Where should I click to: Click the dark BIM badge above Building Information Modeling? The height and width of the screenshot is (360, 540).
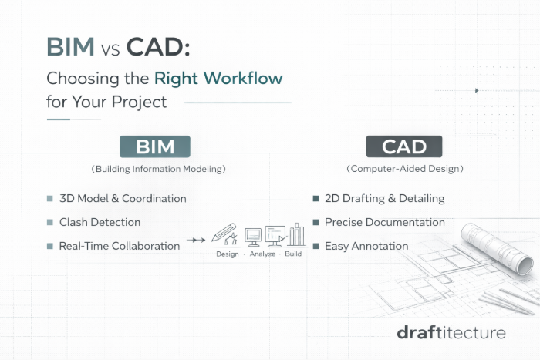(x=154, y=146)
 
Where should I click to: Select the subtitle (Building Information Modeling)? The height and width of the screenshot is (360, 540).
(x=154, y=167)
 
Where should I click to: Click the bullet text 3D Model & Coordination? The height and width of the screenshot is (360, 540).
(x=123, y=198)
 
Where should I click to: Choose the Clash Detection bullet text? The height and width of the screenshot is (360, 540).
(x=100, y=222)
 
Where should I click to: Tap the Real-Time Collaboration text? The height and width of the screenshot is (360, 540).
(x=119, y=246)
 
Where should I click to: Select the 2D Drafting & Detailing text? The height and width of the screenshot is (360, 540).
(x=384, y=198)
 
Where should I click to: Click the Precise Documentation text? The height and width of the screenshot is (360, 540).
(x=384, y=222)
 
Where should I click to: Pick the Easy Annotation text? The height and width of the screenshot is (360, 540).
(x=366, y=246)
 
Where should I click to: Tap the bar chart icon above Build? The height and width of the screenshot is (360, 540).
(x=296, y=234)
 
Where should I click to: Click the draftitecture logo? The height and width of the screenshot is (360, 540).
(x=451, y=332)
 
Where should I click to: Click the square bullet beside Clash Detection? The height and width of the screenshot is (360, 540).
(x=50, y=222)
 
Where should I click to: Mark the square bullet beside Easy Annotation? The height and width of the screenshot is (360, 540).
(x=316, y=246)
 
